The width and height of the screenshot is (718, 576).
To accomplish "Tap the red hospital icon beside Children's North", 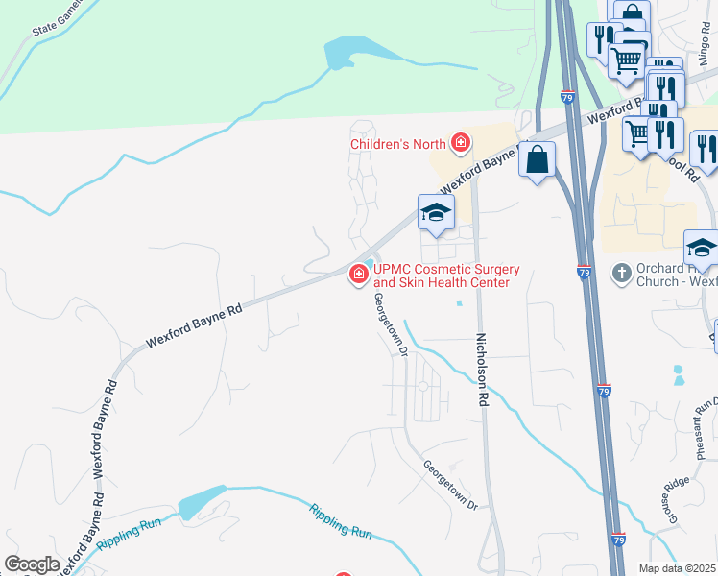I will (461, 144).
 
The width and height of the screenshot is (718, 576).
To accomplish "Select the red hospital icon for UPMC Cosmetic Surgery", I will (359, 276).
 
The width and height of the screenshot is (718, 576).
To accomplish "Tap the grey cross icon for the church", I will (621, 274).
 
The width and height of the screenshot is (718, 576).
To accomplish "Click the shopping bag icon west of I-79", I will (538, 159).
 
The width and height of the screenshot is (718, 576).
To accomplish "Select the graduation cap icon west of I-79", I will (435, 213).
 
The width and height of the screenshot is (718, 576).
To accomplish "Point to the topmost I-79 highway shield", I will (567, 98).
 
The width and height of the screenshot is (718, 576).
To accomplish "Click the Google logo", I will (32, 564).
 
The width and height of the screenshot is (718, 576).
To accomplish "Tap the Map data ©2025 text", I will (678, 568).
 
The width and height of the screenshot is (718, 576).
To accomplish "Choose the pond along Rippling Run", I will (201, 500).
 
